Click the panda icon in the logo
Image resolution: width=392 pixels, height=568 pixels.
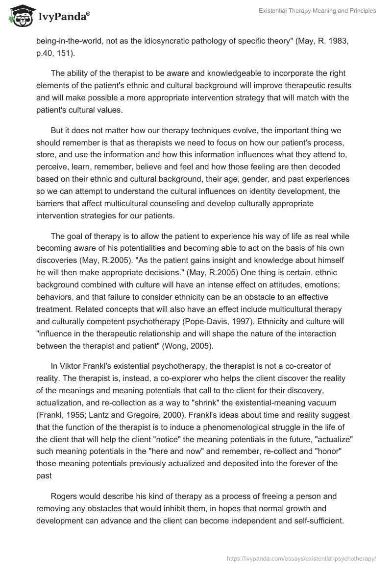pos(19,16)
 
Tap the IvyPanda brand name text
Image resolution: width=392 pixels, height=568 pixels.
pos(62,17)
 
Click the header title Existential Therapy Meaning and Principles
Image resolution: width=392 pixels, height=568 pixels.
pos(318,11)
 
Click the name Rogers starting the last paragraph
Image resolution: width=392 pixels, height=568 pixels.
pos(64,496)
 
